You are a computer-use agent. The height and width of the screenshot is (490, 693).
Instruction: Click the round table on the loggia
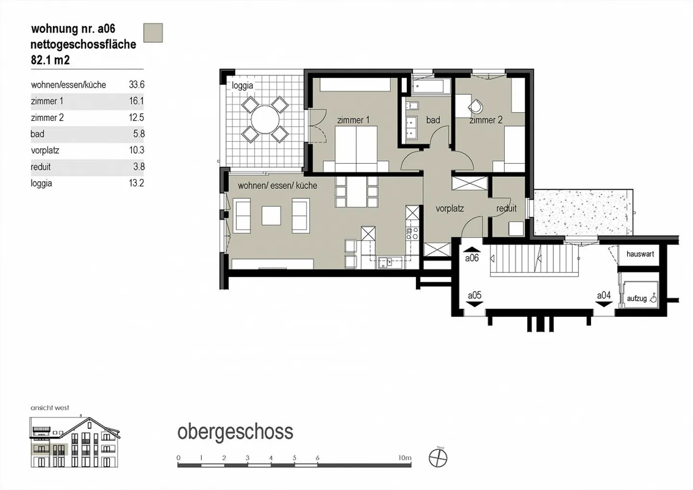pos(264,119)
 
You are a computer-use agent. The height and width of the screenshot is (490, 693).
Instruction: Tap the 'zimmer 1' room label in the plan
pos(353,120)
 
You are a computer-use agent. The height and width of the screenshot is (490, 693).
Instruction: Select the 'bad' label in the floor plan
pos(433,120)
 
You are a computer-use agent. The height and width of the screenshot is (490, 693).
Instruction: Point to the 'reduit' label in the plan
pos(506,208)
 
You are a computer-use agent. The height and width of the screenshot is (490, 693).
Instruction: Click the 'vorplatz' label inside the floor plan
pos(449,208)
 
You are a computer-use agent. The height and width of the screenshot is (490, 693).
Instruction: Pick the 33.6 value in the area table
pos(136,85)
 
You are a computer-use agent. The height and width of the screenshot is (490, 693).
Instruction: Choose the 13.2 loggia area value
pos(136,183)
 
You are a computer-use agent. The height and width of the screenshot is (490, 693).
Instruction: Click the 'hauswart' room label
pos(640,254)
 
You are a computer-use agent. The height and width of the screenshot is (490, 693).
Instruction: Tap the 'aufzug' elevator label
pos(637,298)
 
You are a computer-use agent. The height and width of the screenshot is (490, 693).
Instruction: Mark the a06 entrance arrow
pos(472,250)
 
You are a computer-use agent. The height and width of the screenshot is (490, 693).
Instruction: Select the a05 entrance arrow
pos(475,304)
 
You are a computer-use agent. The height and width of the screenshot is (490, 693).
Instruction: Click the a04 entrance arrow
pos(604,304)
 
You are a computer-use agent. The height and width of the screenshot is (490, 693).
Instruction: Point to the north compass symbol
pos(438,458)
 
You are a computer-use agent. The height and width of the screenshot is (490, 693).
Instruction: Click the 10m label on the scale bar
pos(405,458)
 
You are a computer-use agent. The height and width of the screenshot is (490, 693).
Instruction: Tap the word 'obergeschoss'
pos(235,432)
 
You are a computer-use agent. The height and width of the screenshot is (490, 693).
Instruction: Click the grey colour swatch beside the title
pos(153,33)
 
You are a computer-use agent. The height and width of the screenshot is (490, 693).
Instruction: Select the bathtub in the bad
pos(431,87)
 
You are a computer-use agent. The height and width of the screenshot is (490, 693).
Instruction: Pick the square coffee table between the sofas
pos(271,216)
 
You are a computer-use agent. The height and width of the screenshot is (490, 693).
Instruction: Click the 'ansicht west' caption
pos(50,408)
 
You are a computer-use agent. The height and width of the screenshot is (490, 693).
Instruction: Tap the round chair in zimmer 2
pos(475,107)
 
